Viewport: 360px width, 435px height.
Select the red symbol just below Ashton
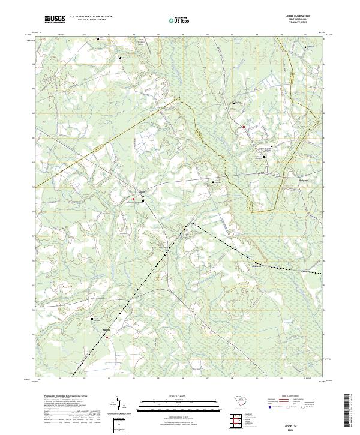tap(107, 337)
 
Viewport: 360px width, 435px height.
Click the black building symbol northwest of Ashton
tap(92, 319)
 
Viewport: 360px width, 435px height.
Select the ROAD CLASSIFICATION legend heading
tap(290, 397)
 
